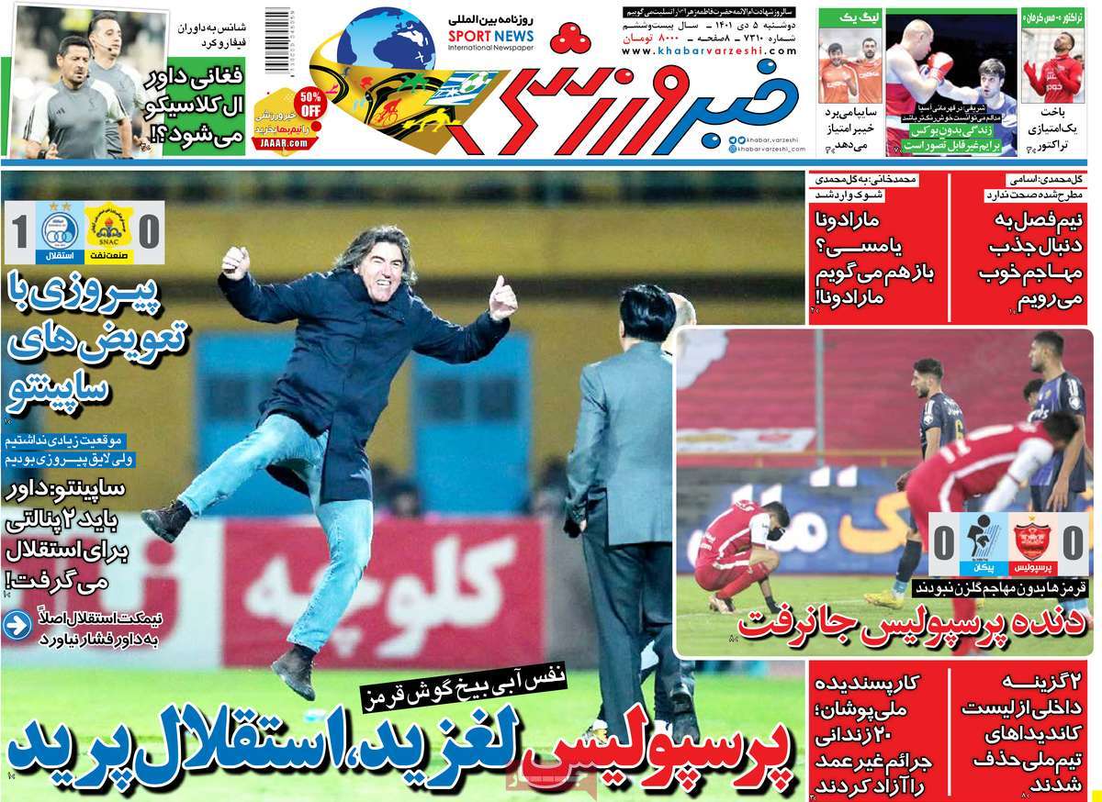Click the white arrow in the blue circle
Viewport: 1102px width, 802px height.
click(16, 626)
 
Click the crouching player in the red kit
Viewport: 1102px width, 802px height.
click(736, 550)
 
